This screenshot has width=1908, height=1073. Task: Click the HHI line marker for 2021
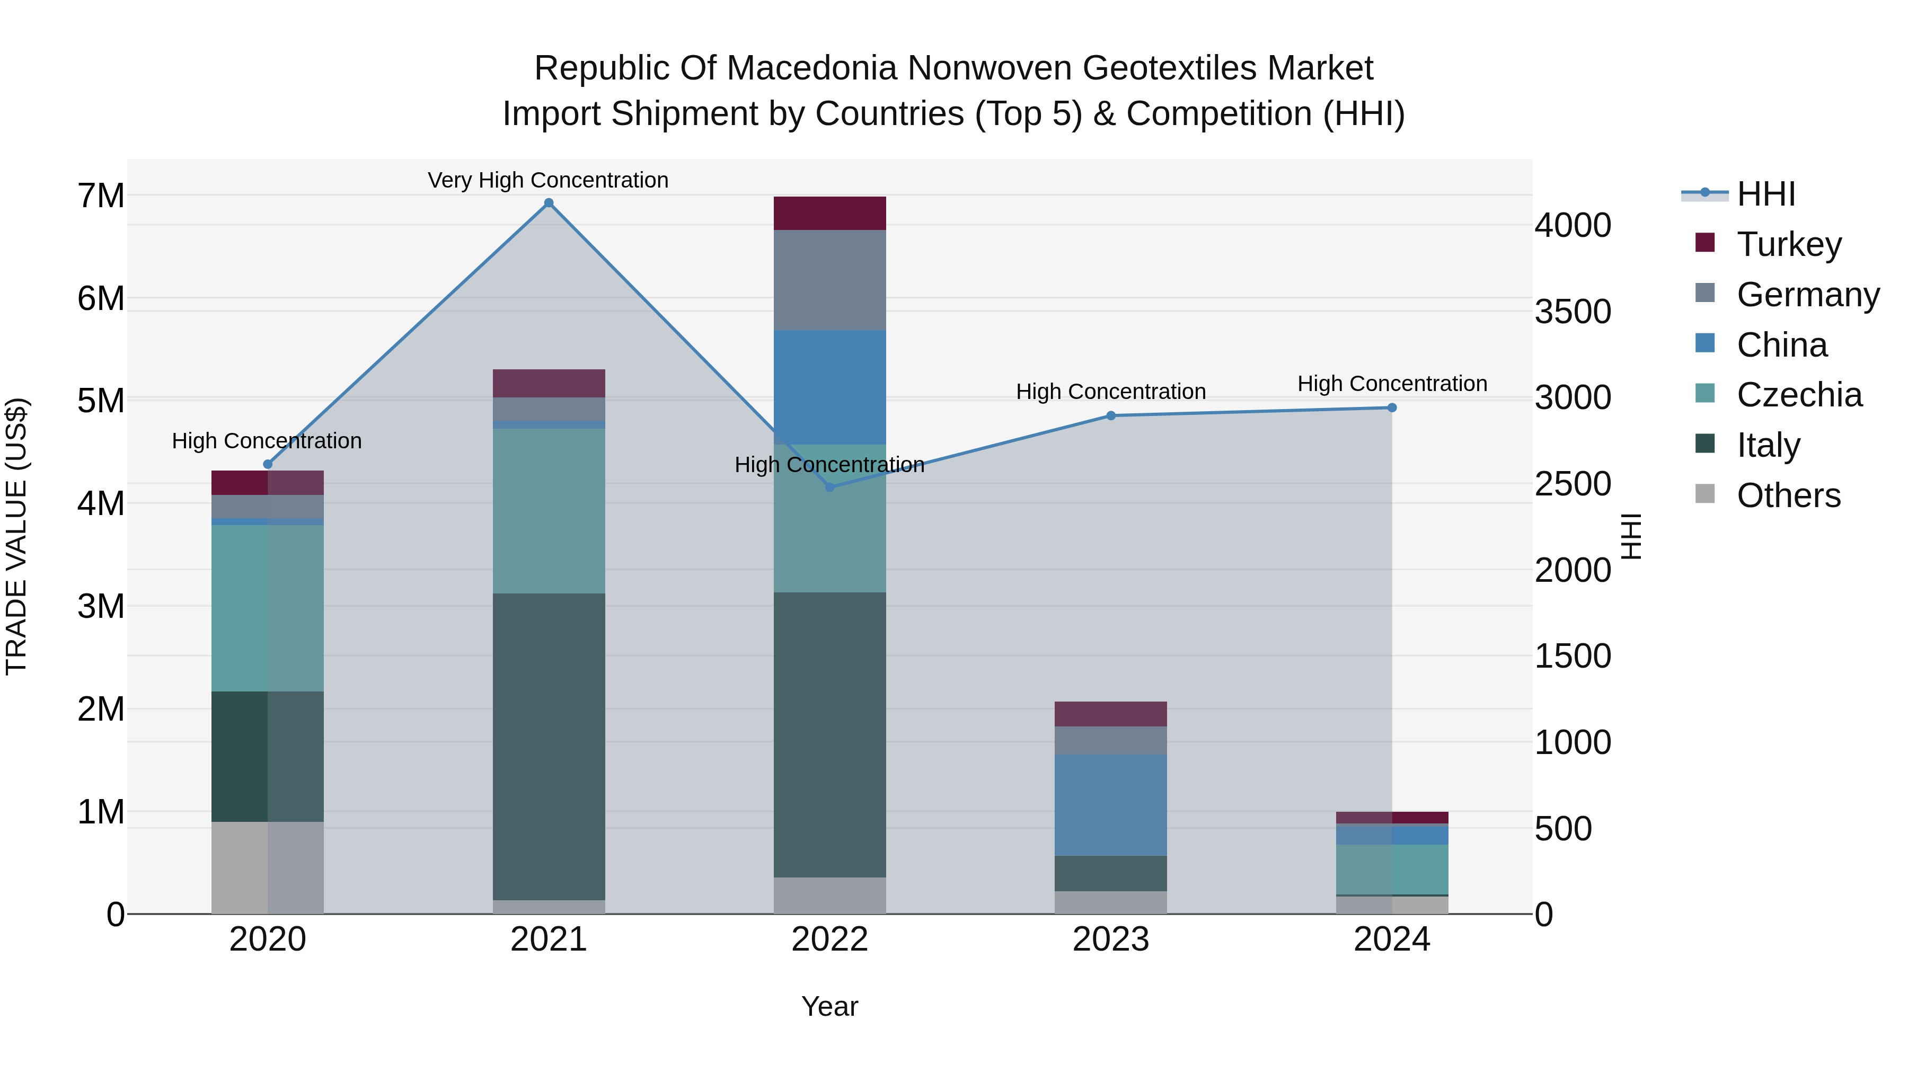point(549,203)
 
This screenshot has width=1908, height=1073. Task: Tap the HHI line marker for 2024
point(1392,408)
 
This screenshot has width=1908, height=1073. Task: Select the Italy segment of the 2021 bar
point(549,747)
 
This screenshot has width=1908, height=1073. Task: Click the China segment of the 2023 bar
point(1110,805)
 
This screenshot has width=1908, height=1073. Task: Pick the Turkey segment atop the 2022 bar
point(829,213)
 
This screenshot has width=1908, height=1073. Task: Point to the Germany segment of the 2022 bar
point(829,280)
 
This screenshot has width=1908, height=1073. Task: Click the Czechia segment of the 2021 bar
point(549,511)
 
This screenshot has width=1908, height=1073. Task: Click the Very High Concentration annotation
point(548,181)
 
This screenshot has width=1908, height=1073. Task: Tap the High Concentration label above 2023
point(1110,392)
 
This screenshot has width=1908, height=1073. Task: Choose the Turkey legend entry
point(1788,244)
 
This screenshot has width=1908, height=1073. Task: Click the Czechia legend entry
point(1798,395)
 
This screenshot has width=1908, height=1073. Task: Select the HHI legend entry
point(1765,194)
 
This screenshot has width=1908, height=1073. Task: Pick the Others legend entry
point(1788,495)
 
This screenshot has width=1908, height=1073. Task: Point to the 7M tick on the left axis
point(101,196)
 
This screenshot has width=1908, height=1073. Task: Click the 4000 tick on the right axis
point(1572,225)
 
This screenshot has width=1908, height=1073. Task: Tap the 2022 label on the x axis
point(829,939)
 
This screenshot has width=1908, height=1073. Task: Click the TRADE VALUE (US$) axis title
point(16,536)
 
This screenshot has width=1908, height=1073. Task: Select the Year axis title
point(829,1006)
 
